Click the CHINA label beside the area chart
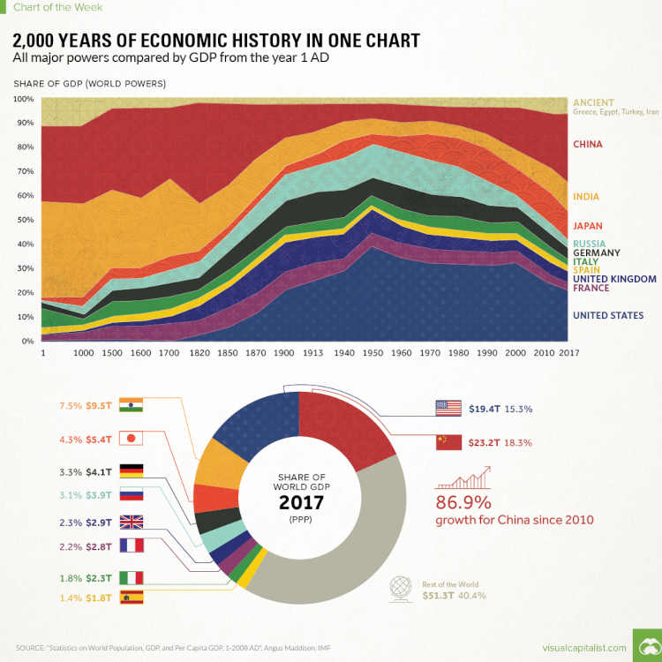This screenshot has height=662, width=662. (x=588, y=144)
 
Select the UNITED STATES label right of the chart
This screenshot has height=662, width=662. (x=607, y=315)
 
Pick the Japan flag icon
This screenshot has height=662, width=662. (x=130, y=438)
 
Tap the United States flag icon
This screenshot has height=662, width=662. (x=448, y=409)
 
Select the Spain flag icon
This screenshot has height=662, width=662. (x=130, y=598)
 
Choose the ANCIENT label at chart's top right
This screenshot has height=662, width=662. (x=594, y=102)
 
